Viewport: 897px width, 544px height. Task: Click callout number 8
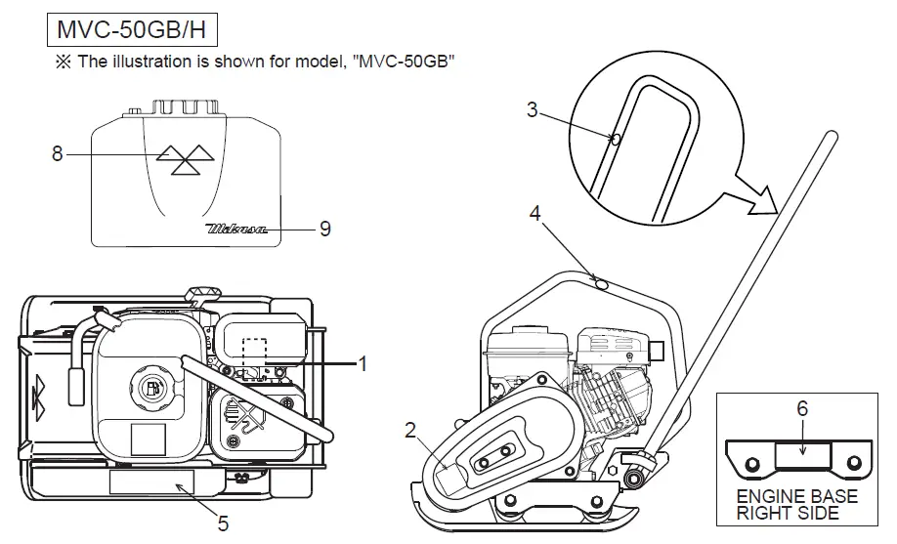tap(57, 153)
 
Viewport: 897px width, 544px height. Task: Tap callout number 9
tap(324, 229)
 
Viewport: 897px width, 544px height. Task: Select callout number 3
tap(532, 110)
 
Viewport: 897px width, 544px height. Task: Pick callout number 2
tap(411, 428)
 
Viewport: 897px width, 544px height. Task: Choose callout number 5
tap(223, 523)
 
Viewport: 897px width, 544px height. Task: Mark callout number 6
tap(802, 410)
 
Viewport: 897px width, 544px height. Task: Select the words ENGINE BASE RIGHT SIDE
tap(797, 504)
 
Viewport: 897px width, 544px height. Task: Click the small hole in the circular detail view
tap(615, 139)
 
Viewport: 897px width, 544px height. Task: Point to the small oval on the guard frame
tap(601, 282)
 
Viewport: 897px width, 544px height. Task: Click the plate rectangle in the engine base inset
tap(802, 453)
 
